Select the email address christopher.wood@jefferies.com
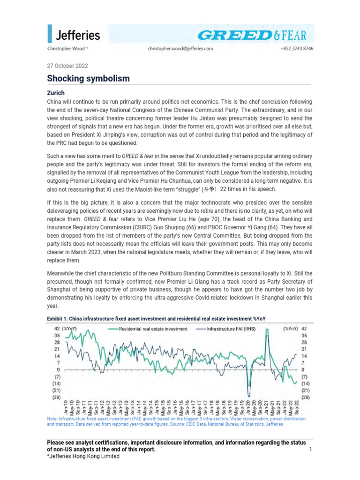(180, 48)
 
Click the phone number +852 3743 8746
(297, 48)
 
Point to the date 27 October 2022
(67, 66)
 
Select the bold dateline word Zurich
(55, 93)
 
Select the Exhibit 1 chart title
(156, 319)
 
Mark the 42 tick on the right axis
(303, 329)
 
